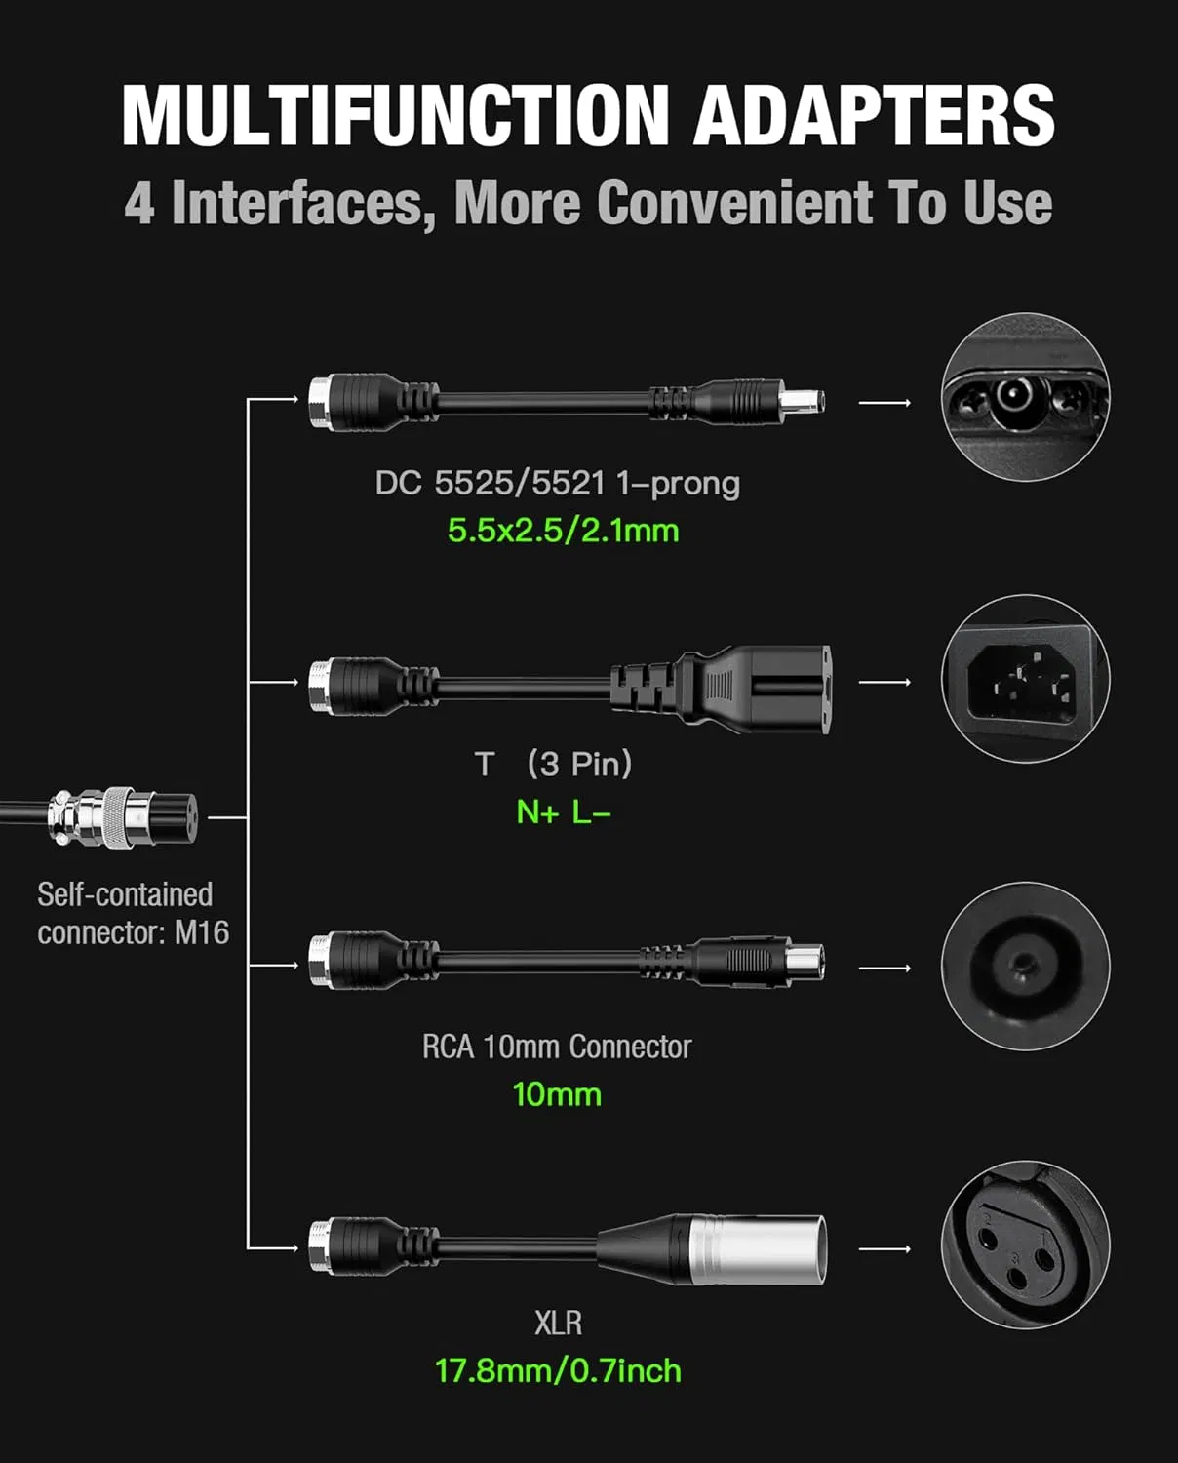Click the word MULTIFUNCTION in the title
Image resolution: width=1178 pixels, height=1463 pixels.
click(x=396, y=114)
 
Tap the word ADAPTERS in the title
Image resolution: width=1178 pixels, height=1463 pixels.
click(x=874, y=114)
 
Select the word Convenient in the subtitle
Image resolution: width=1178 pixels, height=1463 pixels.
click(x=735, y=203)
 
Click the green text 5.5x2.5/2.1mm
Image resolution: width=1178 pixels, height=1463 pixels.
click(x=563, y=531)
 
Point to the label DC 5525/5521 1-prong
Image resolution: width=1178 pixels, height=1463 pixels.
click(x=558, y=484)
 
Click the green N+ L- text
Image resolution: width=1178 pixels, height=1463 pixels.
click(x=564, y=811)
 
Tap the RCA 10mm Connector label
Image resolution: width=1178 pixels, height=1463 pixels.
click(x=557, y=1047)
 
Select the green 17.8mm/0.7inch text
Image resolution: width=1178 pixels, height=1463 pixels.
click(x=558, y=1370)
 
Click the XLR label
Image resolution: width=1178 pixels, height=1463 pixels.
click(x=558, y=1323)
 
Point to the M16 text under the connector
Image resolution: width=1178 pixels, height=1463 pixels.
click(x=201, y=932)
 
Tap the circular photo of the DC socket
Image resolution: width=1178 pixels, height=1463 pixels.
click(x=1025, y=397)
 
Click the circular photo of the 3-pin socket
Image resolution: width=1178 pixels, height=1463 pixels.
click(x=1025, y=679)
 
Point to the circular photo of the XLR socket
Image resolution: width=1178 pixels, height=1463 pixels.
click(x=1025, y=1245)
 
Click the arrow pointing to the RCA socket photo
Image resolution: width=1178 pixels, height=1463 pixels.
click(x=884, y=968)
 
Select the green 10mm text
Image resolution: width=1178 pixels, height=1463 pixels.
click(x=557, y=1094)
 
